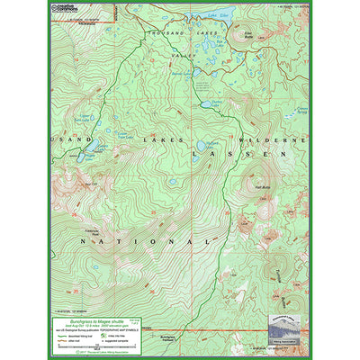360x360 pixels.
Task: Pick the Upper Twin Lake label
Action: [88, 117]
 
